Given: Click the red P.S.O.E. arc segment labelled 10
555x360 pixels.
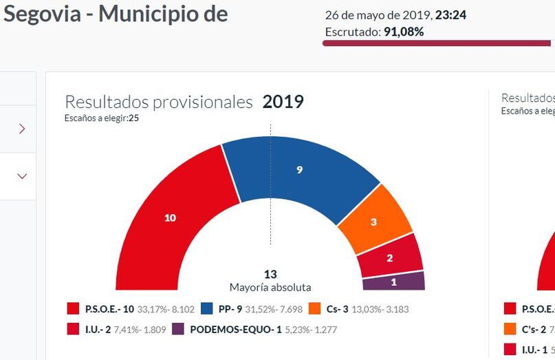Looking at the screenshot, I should (x=170, y=218).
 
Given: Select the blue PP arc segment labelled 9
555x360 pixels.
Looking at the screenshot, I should (x=299, y=169).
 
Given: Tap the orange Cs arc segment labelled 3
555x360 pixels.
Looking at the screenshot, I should (x=373, y=222).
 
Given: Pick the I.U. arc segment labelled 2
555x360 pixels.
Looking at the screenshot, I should (x=390, y=258).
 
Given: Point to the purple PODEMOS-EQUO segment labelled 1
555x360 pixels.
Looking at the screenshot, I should (x=393, y=281).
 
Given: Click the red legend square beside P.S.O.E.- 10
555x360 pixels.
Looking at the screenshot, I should (x=73, y=309).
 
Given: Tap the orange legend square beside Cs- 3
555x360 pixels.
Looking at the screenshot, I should (x=315, y=309).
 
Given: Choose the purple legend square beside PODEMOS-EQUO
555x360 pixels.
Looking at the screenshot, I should (x=177, y=330).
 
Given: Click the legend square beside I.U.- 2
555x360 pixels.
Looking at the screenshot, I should (x=73, y=330).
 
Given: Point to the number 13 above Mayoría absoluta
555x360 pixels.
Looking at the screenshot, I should (x=270, y=275).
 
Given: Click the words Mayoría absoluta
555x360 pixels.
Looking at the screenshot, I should (x=270, y=287).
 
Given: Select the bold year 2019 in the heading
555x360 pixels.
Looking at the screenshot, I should (x=283, y=102).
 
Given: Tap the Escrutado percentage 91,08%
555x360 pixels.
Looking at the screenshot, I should (x=404, y=32).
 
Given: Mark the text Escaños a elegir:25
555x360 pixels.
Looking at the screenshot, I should (x=102, y=118).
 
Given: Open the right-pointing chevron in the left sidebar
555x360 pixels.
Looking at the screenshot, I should (x=22, y=129).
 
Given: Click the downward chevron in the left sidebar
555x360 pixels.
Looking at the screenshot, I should (x=22, y=176).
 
